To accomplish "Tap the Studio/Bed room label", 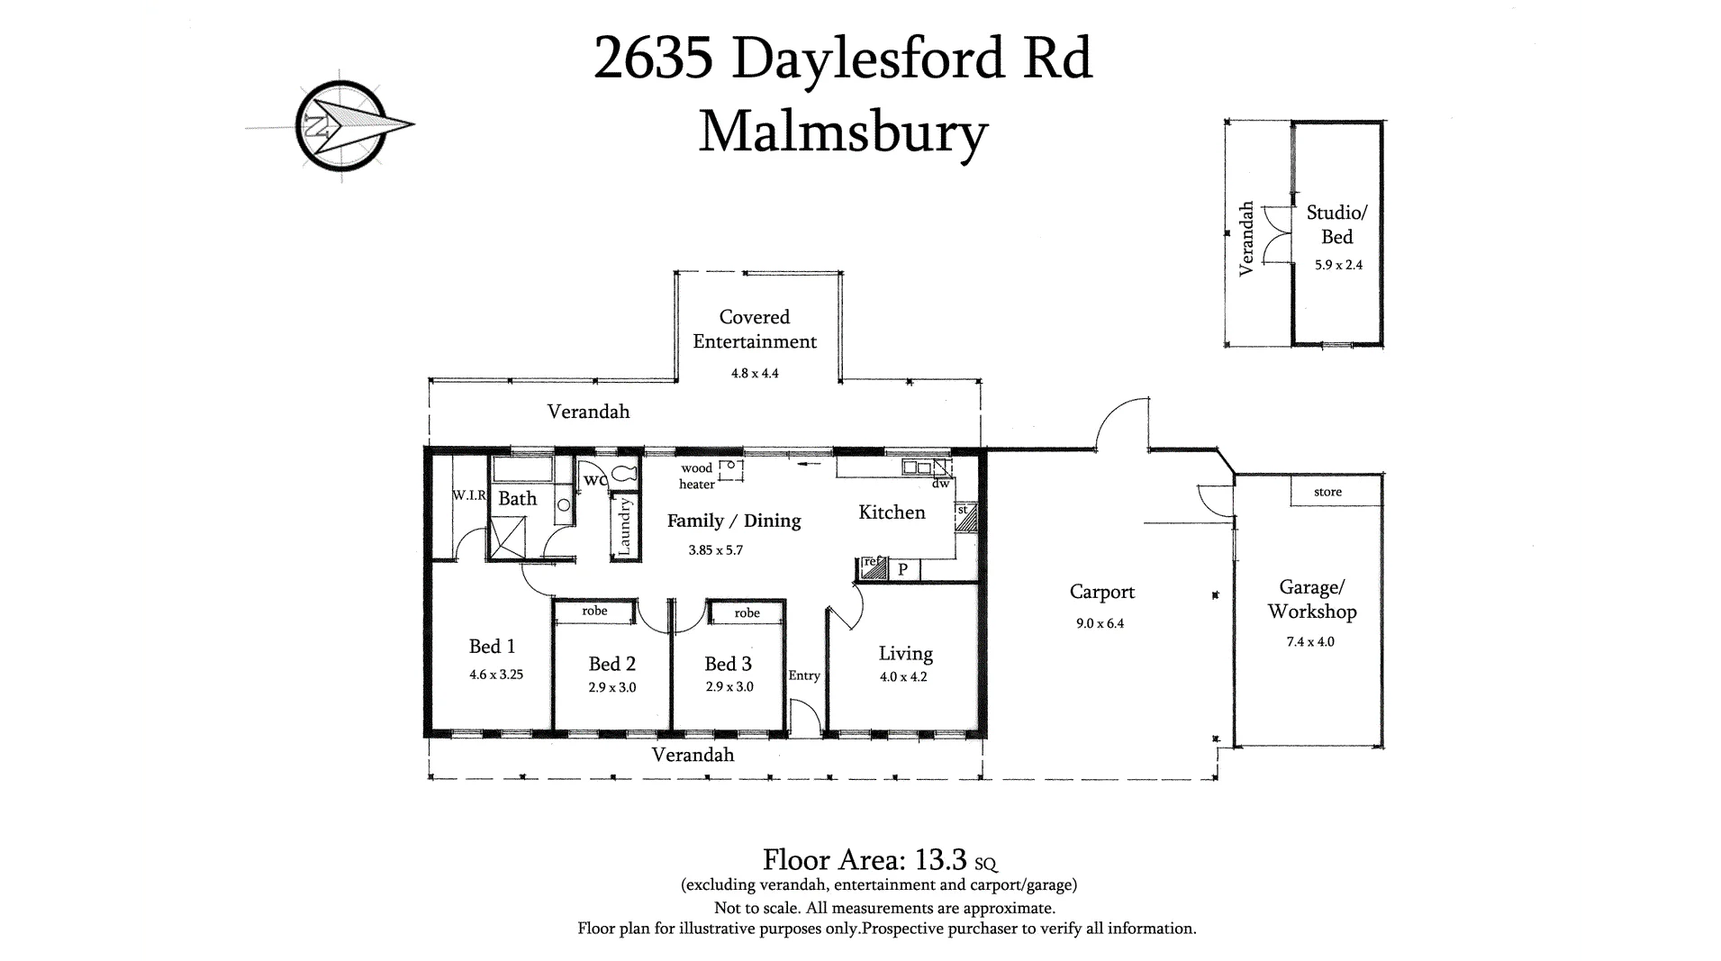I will [x=1336, y=224].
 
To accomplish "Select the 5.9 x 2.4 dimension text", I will [x=1337, y=265].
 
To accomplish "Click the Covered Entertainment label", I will [x=755, y=329].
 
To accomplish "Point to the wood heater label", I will [x=696, y=476].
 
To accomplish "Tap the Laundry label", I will [x=624, y=526].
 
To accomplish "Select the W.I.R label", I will [x=469, y=495].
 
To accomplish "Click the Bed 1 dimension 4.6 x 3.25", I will [x=495, y=674].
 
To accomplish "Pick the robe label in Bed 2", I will [x=594, y=611].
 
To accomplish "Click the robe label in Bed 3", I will [x=747, y=612].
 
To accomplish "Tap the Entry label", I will [x=804, y=675].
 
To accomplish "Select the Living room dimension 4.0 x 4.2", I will [x=903, y=676].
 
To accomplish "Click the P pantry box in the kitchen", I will [x=902, y=569].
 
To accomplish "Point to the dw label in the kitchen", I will [x=940, y=484].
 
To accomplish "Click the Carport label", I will [x=1101, y=592].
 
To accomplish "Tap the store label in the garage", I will [x=1327, y=492].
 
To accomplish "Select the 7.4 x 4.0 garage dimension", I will [x=1310, y=642].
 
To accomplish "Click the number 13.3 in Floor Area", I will [x=941, y=859].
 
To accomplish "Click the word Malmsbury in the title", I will [x=843, y=132].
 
